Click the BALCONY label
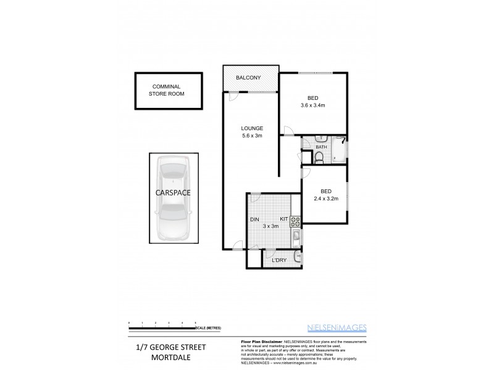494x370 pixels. [249, 78]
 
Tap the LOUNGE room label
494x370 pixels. [251, 128]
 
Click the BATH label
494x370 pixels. [321, 147]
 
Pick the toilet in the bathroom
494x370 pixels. [318, 158]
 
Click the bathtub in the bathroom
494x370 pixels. [339, 150]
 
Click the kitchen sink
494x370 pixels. [296, 237]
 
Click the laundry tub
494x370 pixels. [297, 257]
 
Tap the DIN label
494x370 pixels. [254, 220]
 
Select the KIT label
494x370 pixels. [283, 220]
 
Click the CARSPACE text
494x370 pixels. [173, 192]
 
